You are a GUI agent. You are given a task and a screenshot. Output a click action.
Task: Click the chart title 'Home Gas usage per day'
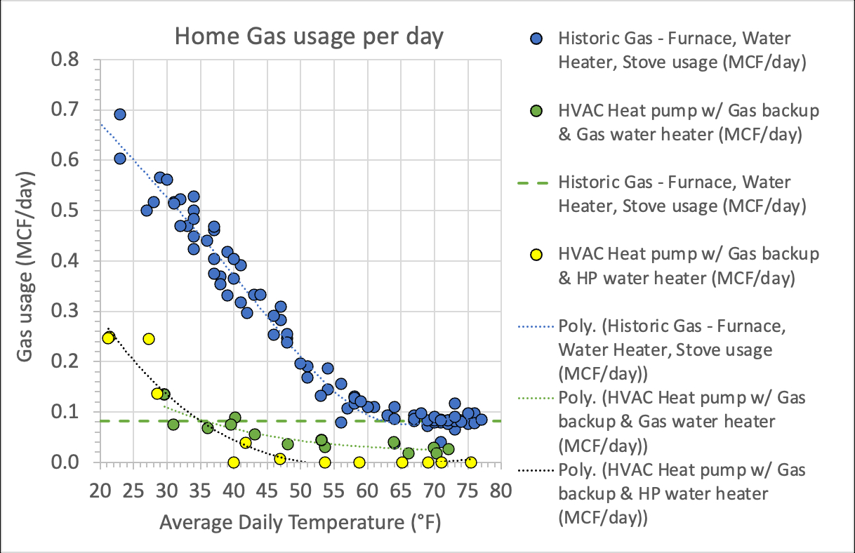coord(309,36)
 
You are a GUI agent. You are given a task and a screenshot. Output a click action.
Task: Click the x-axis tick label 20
coord(100,488)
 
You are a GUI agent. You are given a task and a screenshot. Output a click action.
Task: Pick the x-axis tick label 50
coord(300,488)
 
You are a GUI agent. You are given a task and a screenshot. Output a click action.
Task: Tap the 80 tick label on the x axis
coord(500,488)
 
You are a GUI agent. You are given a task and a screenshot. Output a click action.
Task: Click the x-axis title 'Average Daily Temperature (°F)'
coord(300,523)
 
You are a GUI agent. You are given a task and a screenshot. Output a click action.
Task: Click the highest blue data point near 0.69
coord(120,114)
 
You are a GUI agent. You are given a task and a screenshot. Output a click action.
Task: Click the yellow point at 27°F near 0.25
coord(149,339)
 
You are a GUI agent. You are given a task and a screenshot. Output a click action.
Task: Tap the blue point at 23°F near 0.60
coord(120,159)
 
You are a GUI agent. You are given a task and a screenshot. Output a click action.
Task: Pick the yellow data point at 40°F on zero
coord(234,462)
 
